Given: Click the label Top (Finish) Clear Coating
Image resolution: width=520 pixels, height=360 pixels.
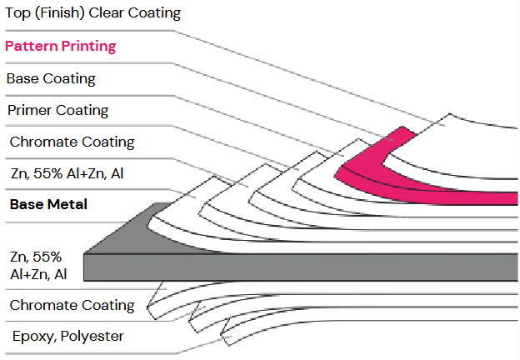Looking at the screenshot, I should click(x=92, y=13).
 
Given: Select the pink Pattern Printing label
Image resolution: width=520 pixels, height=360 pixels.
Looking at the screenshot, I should click(x=61, y=46).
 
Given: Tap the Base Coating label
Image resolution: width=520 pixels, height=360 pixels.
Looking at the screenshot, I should click(x=51, y=79).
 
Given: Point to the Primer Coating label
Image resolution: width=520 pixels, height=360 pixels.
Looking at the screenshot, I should click(x=57, y=110).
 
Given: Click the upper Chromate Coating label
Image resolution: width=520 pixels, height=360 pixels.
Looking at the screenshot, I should click(x=71, y=142).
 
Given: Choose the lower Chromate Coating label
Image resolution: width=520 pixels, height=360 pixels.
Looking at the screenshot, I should click(x=72, y=305).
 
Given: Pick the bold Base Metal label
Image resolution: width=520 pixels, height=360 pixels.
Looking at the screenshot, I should click(x=48, y=204).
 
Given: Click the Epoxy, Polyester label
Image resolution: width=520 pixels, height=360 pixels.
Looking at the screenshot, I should click(x=67, y=336).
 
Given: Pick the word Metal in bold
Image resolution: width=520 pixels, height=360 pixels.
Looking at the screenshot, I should click(x=67, y=204).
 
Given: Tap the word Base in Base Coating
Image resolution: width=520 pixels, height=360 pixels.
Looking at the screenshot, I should click(x=22, y=79).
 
